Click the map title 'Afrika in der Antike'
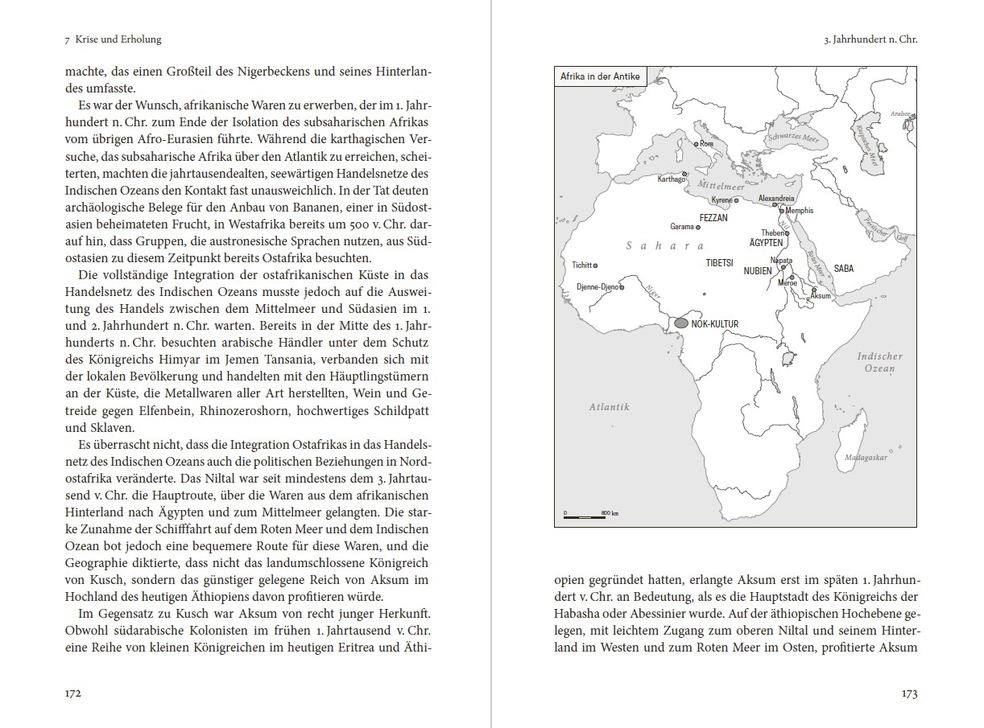tap(599, 76)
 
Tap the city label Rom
tap(707, 144)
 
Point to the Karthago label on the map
tap(671, 179)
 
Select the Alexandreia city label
tap(776, 198)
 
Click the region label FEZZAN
tap(713, 218)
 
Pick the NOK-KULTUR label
tap(715, 324)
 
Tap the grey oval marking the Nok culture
tap(681, 323)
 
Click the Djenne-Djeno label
tap(597, 287)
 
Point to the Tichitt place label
tap(581, 265)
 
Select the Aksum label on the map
tap(820, 296)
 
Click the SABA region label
tap(844, 269)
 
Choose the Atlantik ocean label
tap(609, 407)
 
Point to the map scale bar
tap(584, 516)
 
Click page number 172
tap(73, 693)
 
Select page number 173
tap(909, 693)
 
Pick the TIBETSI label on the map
tap(719, 263)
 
